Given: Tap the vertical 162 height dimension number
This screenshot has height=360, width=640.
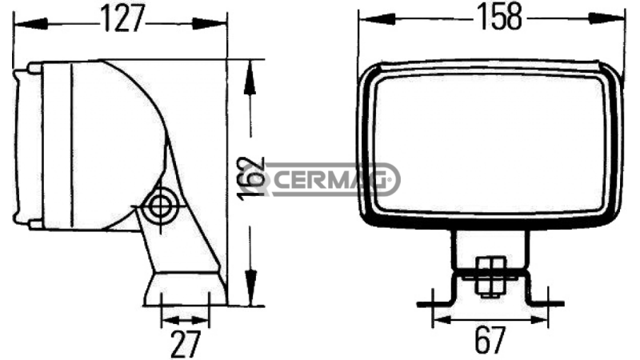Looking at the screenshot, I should click(254, 174).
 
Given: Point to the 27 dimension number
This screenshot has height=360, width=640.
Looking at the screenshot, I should click(185, 344).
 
